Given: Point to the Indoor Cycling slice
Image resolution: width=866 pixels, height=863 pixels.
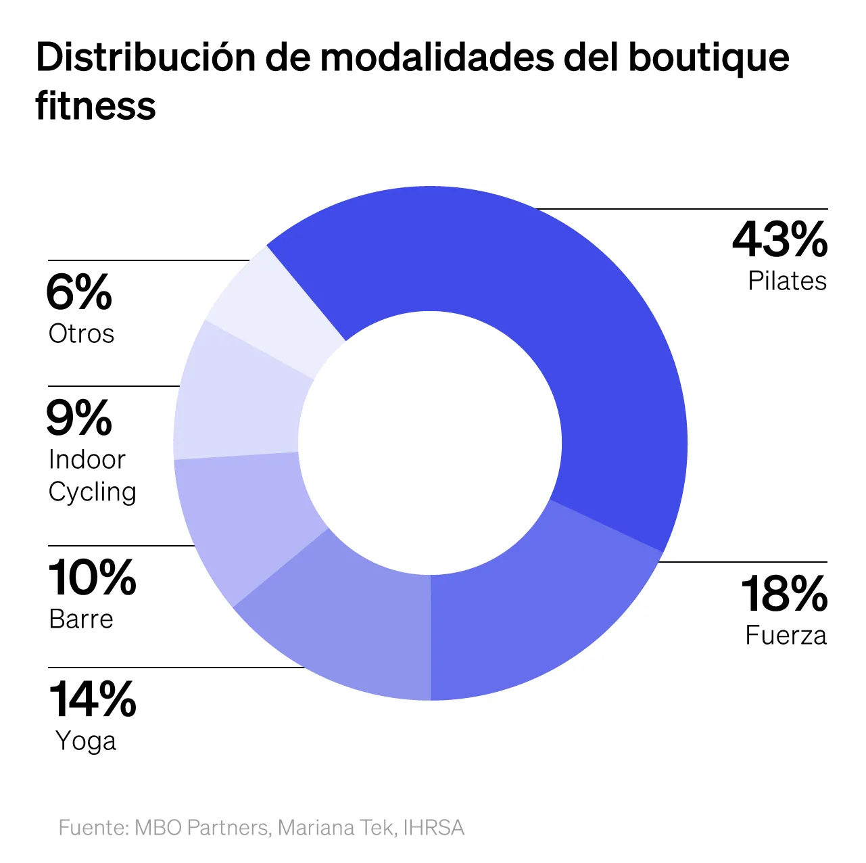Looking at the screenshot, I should point(237,406).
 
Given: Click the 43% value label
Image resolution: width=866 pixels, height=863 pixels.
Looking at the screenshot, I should point(779,240).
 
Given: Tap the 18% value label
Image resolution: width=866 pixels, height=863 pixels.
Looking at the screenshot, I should point(784,594).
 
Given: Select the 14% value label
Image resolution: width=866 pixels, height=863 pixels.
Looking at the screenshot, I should point(93,699).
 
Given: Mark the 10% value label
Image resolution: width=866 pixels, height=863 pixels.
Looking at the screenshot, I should point(93,578).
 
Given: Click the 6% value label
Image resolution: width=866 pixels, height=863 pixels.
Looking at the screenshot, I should point(79,293).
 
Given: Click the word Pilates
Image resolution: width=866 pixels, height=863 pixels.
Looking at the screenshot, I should point(787,281).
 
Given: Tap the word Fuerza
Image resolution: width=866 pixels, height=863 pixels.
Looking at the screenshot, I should point(786,636).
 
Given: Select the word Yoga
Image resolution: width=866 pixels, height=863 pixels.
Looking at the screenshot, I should point(86,741).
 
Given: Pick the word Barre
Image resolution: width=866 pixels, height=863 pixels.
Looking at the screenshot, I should point(81,620).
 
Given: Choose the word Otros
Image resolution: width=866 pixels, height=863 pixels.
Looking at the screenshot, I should point(81,334).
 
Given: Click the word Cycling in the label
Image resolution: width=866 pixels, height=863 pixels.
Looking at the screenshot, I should point(93,492).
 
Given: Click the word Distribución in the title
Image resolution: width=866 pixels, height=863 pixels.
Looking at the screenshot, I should point(145,57).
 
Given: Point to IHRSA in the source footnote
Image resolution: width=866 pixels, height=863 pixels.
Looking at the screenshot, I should point(433,828).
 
